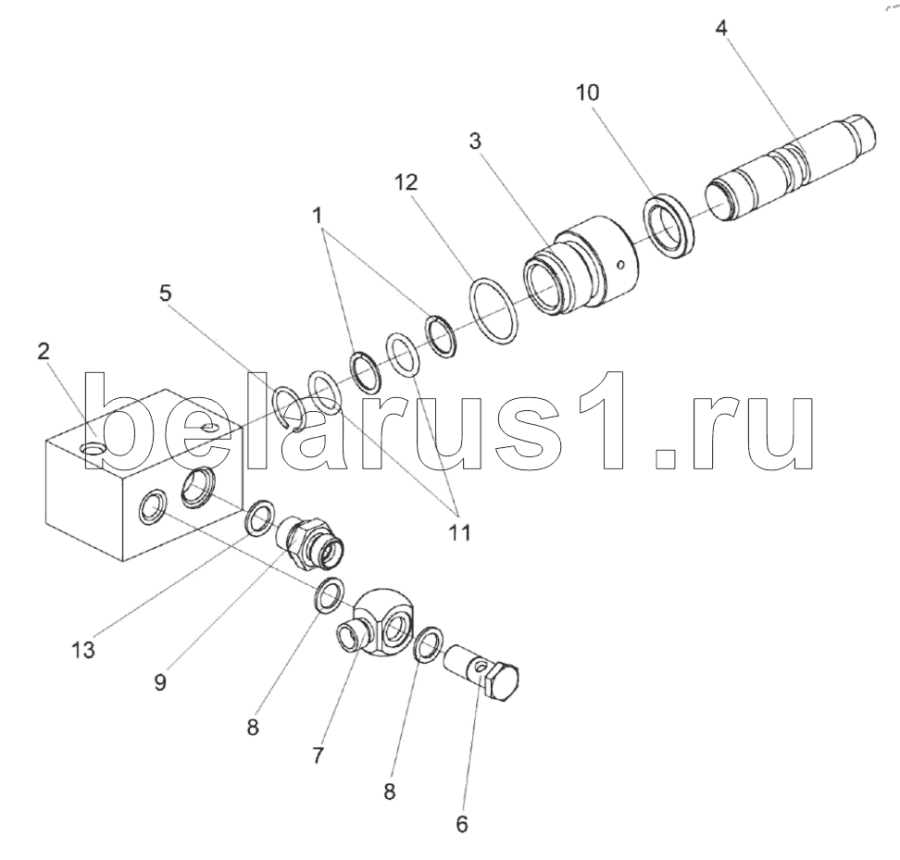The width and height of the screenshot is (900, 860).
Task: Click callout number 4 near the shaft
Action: pos(721,28)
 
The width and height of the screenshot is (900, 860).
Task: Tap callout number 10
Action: pos(587,93)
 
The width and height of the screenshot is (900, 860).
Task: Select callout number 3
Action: pos(475,141)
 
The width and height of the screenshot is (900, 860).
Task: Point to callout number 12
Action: pos(406,182)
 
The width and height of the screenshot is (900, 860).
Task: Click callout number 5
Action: pos(166,293)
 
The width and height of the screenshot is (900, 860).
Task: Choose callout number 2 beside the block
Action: pos(44,352)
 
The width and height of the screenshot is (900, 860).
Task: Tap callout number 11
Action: pos(460,532)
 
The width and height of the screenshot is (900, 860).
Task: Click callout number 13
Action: pos(83,650)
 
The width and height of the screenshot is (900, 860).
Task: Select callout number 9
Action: pos(160,682)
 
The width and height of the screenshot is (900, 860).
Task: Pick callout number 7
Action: pos(318,755)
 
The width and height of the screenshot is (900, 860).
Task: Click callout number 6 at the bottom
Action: pos(462,824)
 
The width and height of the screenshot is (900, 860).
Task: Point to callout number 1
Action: pos(317,216)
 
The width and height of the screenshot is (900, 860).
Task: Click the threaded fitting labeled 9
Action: pos(310,541)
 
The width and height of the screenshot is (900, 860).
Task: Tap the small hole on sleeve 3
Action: pos(619,265)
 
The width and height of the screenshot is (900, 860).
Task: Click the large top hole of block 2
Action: pos(93,447)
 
